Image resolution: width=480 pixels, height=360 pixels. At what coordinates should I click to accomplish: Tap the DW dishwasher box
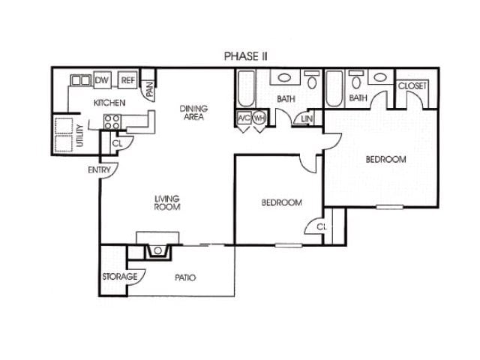102,80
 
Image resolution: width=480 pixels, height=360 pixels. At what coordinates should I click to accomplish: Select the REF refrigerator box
127,80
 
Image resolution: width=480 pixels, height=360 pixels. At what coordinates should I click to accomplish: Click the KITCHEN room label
109,103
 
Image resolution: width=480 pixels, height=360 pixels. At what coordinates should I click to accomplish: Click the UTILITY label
80,135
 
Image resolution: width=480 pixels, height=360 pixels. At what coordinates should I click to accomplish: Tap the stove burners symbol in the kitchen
112,122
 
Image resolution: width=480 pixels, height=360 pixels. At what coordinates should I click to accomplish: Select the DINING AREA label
193,113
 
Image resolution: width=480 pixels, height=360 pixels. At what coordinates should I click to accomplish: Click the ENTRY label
99,170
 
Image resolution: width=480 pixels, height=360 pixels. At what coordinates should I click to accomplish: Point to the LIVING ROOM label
167,202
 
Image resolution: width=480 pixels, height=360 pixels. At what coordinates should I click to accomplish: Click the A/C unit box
244,118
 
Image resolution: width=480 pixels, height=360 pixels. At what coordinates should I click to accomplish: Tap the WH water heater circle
259,118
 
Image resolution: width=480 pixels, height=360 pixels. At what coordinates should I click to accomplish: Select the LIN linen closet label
307,119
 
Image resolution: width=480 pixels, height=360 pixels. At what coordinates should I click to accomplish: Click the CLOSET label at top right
412,87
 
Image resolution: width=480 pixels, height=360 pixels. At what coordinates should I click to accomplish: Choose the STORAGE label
120,277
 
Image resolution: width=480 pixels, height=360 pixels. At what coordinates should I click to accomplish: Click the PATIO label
185,277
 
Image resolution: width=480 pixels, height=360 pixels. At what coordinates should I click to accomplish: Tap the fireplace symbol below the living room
158,251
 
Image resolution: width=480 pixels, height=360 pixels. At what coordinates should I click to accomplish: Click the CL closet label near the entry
117,142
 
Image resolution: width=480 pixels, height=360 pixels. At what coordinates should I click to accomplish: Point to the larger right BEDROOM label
385,159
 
